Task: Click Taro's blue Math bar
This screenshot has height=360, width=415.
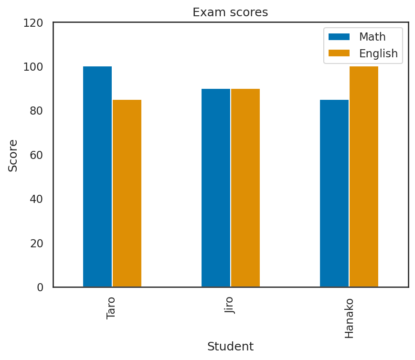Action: point(97,177)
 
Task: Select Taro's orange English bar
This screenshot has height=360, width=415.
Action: point(127,193)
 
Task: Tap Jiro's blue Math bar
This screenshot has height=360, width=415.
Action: point(216,188)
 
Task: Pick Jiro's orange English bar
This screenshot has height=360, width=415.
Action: point(245,188)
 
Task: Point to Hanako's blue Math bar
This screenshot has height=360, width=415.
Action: point(334,193)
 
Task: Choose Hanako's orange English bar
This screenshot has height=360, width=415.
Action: point(364,177)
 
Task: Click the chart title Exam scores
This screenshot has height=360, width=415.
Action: point(230,12)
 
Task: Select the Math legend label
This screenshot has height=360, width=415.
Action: point(372,37)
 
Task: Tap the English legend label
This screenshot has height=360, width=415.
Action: point(378,53)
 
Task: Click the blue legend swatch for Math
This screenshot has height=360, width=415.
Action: point(339,37)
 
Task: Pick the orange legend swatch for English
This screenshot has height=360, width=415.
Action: point(339,53)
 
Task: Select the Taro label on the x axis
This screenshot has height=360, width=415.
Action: point(111,308)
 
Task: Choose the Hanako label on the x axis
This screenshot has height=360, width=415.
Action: point(349,318)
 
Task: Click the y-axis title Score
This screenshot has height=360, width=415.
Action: point(13,155)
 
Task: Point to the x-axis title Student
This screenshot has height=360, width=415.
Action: point(230,347)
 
